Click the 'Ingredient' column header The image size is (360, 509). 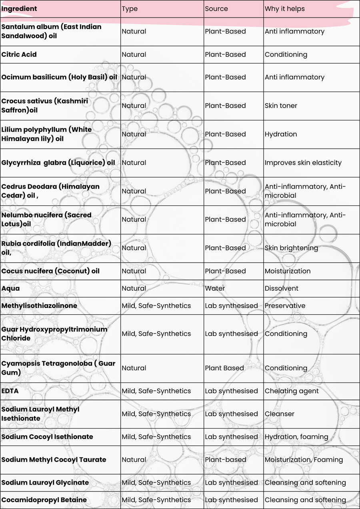tap(19, 9)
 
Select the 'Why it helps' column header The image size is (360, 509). tap(284, 9)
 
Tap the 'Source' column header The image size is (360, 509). tap(216, 9)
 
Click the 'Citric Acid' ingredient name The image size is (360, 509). tap(19, 54)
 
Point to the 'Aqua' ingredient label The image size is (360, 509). tap(10, 288)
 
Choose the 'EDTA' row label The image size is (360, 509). tap(10, 391)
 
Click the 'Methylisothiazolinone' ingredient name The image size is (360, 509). tap(39, 305)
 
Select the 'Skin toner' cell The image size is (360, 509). tap(281, 106)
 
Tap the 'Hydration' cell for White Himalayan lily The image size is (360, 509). tap(281, 134)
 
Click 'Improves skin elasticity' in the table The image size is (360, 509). tap(303, 163)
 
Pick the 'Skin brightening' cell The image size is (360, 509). tap(291, 248)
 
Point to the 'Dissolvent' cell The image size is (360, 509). tap(282, 288)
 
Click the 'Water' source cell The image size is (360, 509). tap(215, 288)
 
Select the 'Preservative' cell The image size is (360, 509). tap(285, 305)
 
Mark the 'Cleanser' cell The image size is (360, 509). tap(279, 414)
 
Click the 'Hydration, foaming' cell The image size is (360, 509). tap(296, 437)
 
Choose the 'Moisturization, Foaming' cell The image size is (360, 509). tap(304, 460)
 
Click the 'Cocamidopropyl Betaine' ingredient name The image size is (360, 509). tap(44, 500)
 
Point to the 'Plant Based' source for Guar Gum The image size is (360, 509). tap(224, 368)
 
